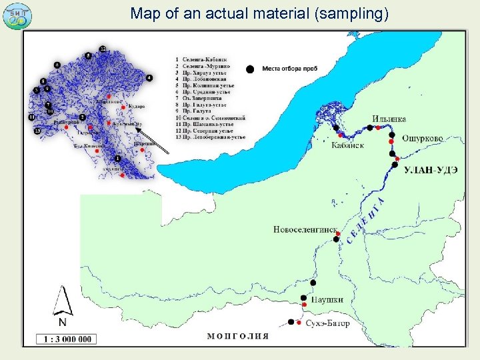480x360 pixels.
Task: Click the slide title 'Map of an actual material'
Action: coord(259,13)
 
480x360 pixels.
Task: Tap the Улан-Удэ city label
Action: coord(431,169)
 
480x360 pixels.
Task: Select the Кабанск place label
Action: coord(348,146)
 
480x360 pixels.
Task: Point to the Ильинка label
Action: coord(387,120)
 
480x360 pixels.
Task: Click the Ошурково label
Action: coord(422,138)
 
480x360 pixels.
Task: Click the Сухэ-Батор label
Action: coord(327,323)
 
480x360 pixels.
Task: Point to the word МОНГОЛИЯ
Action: coord(238,336)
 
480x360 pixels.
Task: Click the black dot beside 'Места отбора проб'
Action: coord(250,69)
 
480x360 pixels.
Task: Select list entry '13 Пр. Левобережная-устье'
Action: coord(210,137)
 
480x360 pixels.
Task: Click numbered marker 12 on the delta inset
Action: coord(102,49)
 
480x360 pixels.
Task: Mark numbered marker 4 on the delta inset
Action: coord(149,78)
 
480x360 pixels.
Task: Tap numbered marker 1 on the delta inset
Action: coord(117,159)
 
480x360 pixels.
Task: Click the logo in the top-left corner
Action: coord(16,15)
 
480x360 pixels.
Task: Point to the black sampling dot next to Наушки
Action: coord(304,298)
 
